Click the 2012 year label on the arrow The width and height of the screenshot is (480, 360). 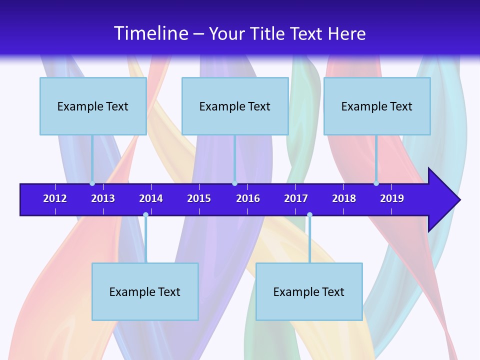(55, 198)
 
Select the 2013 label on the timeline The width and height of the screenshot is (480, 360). (103, 198)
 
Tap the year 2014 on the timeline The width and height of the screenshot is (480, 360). (151, 198)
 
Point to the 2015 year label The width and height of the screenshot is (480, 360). (199, 198)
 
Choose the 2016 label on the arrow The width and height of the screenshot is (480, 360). (248, 198)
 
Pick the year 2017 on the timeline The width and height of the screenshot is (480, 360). (296, 198)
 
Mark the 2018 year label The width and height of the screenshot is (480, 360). (344, 198)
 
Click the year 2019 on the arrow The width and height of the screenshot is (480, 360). (392, 198)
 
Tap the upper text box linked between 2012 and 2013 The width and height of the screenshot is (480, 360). (93, 106)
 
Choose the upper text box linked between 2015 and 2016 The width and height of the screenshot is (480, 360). (235, 106)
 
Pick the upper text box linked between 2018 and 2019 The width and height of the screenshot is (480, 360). (377, 106)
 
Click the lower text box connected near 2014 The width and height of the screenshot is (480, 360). (145, 291)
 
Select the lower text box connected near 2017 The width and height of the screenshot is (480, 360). (309, 291)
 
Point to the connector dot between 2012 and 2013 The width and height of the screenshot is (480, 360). (92, 183)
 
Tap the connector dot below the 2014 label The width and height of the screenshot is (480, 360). (145, 215)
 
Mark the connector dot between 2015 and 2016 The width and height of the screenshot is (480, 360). (234, 183)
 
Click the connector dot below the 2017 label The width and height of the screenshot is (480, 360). (309, 215)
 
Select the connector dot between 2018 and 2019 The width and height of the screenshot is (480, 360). (376, 183)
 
